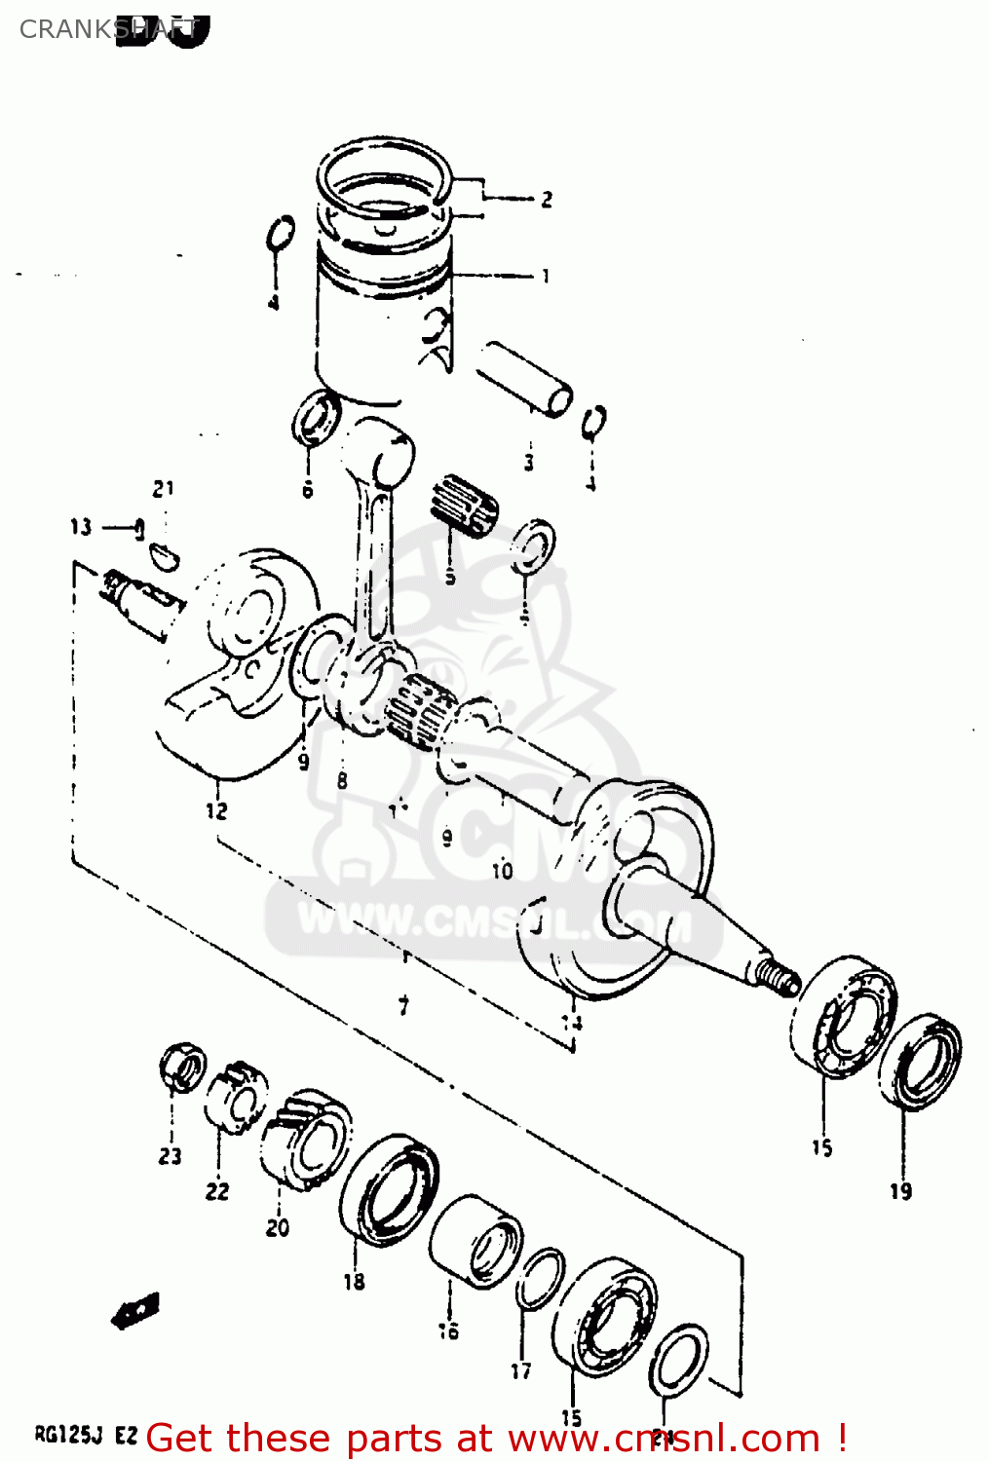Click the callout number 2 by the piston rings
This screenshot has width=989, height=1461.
pyautogui.click(x=547, y=200)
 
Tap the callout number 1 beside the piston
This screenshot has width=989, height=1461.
pyautogui.click(x=546, y=277)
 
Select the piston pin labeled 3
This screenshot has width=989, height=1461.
pyautogui.click(x=523, y=378)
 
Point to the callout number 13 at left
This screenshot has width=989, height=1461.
pyautogui.click(x=81, y=527)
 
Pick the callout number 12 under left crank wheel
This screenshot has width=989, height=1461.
pyautogui.click(x=216, y=809)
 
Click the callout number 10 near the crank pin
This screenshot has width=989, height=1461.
pyautogui.click(x=502, y=870)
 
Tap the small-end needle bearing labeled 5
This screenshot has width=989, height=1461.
pyautogui.click(x=463, y=505)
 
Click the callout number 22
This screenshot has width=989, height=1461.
pyautogui.click(x=217, y=1190)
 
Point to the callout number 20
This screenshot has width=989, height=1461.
pyautogui.click(x=278, y=1227)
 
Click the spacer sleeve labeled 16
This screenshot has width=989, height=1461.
pyautogui.click(x=477, y=1242)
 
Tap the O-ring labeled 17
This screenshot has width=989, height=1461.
pyautogui.click(x=539, y=1280)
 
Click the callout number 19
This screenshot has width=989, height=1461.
pyautogui.click(x=900, y=1190)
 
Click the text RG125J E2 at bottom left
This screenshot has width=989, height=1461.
pyautogui.click(x=86, y=1435)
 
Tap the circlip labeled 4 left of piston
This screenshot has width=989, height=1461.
pyautogui.click(x=280, y=234)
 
